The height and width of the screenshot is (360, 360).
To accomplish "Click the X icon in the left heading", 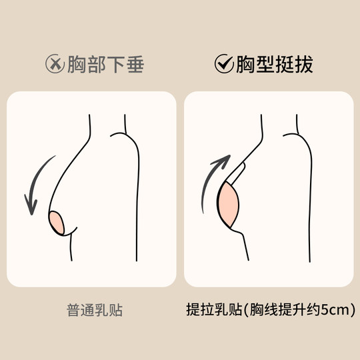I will click(x=54, y=64).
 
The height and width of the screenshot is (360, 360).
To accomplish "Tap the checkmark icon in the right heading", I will click(x=223, y=64).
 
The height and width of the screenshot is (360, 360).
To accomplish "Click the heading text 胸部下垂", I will click(x=105, y=64).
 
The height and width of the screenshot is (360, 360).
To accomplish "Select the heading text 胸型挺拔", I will click(x=274, y=64).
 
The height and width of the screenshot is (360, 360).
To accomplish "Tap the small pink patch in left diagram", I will click(x=56, y=222).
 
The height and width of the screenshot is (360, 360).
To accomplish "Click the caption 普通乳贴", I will click(x=95, y=310).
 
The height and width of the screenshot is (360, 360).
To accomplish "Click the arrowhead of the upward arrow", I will click(x=225, y=161).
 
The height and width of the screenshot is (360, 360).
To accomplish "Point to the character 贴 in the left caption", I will click(x=116, y=310).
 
